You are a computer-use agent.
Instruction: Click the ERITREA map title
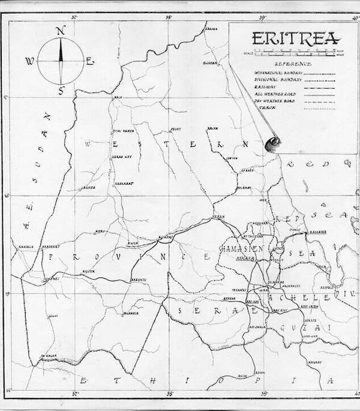[296, 39]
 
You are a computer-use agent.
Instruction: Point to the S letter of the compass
[61, 91]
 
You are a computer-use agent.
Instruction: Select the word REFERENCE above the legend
[293, 64]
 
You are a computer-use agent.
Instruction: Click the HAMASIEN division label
[239, 248]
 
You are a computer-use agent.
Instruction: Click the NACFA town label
[212, 128]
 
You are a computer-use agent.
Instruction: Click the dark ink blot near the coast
[273, 142]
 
